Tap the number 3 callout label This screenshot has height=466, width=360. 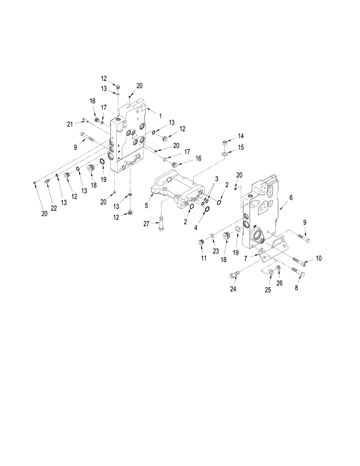(216, 179)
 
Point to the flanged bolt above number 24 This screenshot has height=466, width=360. (234, 275)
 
